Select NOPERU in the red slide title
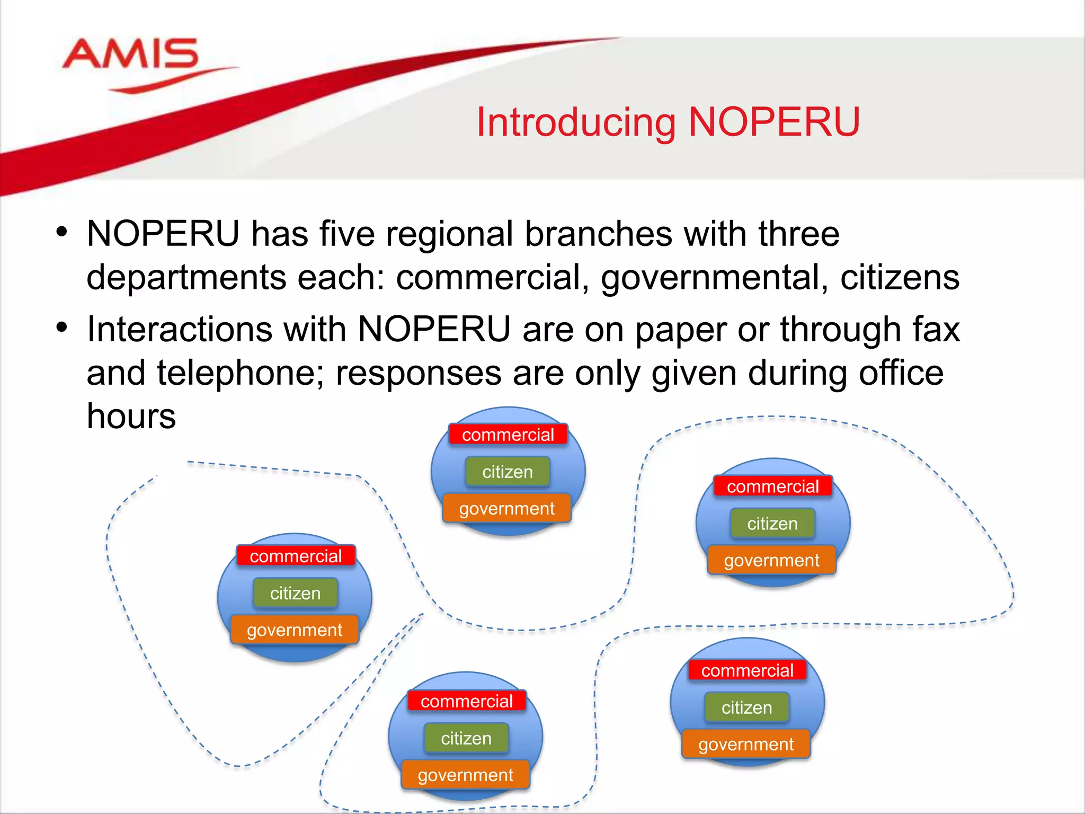click(x=773, y=122)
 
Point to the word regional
click(x=449, y=234)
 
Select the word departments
click(x=186, y=278)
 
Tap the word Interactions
click(x=180, y=329)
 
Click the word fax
click(x=936, y=329)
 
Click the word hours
click(x=131, y=416)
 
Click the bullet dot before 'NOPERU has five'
click(x=62, y=232)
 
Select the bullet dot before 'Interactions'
click(x=62, y=328)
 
